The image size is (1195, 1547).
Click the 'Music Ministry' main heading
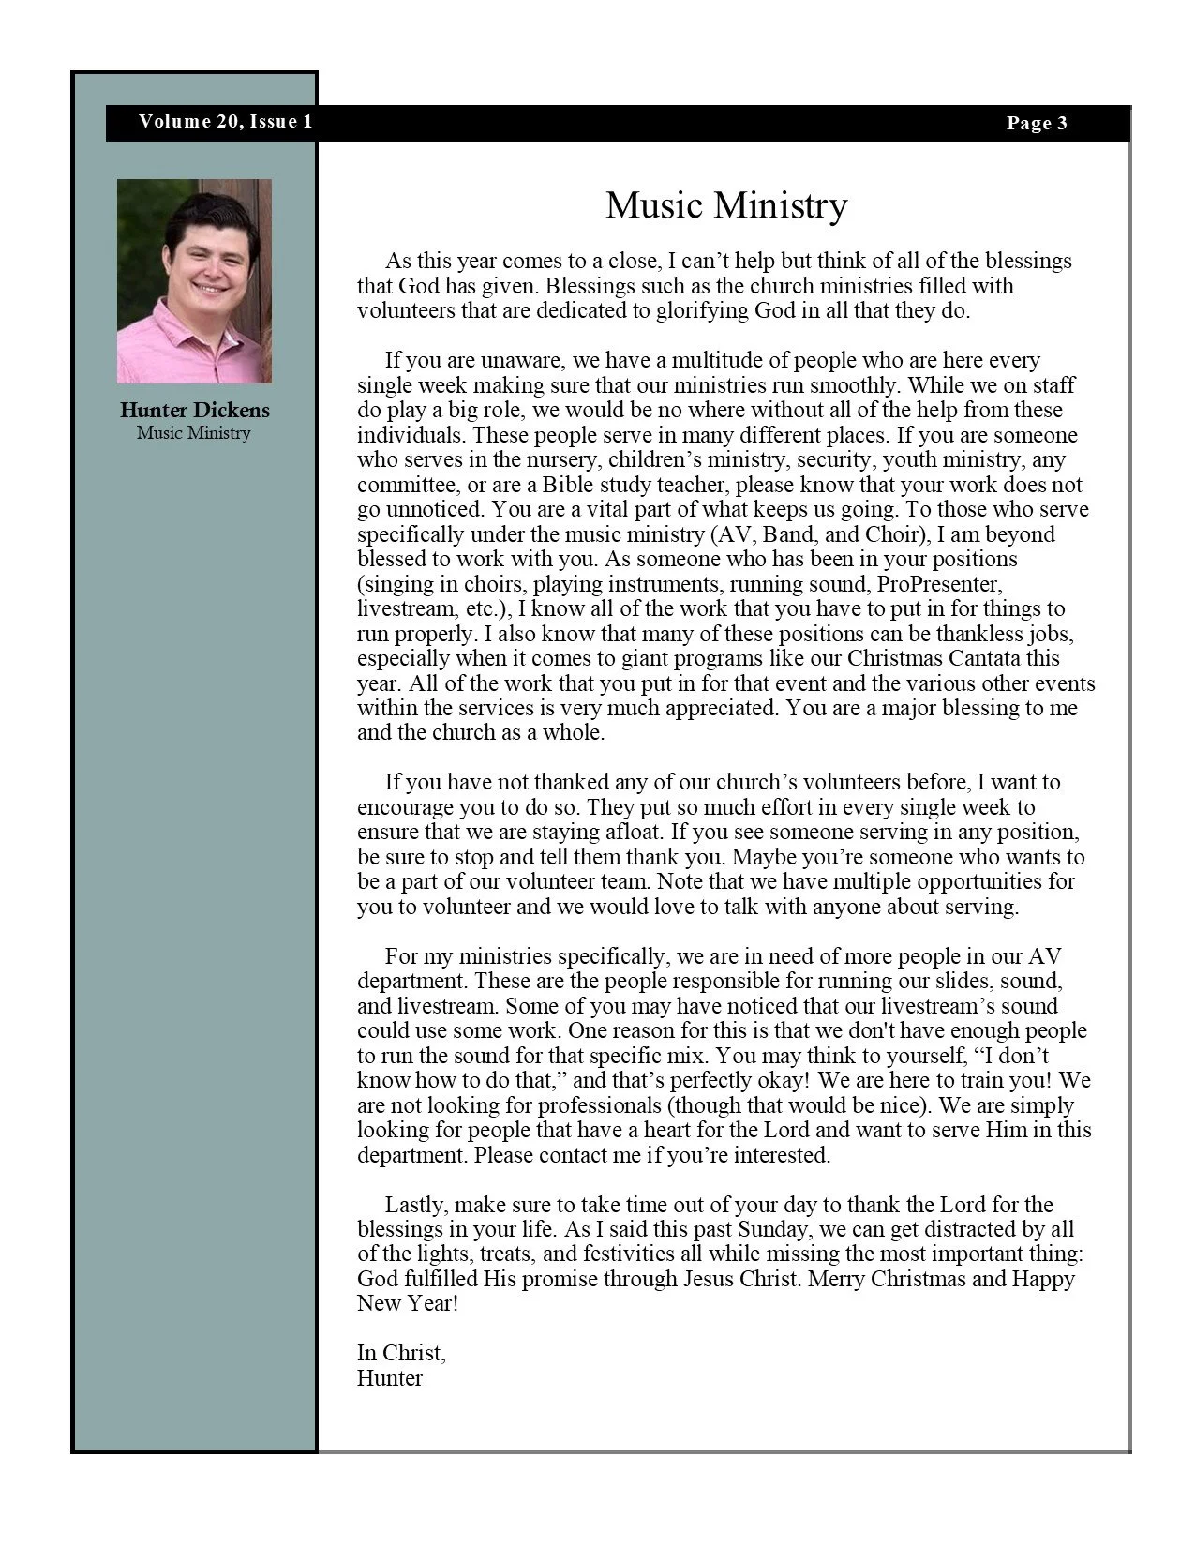click(x=726, y=205)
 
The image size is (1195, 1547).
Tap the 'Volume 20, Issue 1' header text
click(x=225, y=122)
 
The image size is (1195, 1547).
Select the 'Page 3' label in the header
click(x=1037, y=123)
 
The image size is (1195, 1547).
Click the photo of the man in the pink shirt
click(x=194, y=280)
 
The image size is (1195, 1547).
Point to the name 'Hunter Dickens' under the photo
click(x=194, y=410)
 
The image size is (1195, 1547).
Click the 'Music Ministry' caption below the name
click(x=194, y=433)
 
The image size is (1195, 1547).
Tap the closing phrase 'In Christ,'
click(x=401, y=1353)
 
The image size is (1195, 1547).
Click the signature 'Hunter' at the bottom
click(x=389, y=1378)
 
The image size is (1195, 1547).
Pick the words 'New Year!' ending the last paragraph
click(x=408, y=1303)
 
